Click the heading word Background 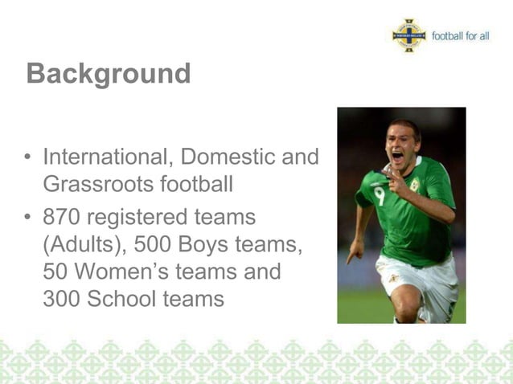pyautogui.click(x=109, y=74)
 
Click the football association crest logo pyautogui.click(x=409, y=36)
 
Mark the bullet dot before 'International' pyautogui.click(x=29, y=156)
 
